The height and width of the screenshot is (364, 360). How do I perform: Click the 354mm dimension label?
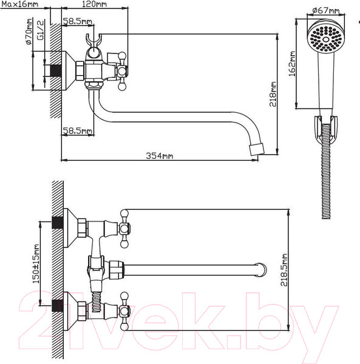click(159, 155)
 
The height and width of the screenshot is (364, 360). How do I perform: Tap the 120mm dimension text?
click(94, 4)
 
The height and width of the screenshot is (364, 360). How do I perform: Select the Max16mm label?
click(20, 4)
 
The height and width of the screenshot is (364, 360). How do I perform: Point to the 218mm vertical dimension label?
click(273, 94)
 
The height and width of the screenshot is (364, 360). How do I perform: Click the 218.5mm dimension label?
click(284, 270)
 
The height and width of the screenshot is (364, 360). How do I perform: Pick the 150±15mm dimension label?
click(36, 264)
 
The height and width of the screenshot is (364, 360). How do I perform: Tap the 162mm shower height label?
click(292, 64)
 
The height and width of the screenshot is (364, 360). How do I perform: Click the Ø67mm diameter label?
click(325, 10)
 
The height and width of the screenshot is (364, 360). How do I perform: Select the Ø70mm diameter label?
click(29, 32)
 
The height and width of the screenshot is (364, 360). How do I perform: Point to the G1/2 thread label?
click(41, 30)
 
